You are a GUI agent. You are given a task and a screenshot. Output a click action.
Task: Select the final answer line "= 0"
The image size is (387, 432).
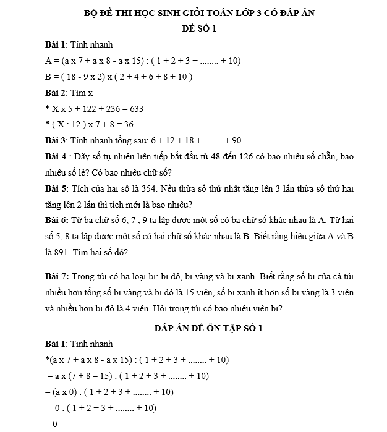(51, 424)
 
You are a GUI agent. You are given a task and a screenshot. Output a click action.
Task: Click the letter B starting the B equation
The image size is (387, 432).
(48, 77)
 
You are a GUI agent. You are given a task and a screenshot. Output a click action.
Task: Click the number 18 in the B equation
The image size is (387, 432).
(72, 77)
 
